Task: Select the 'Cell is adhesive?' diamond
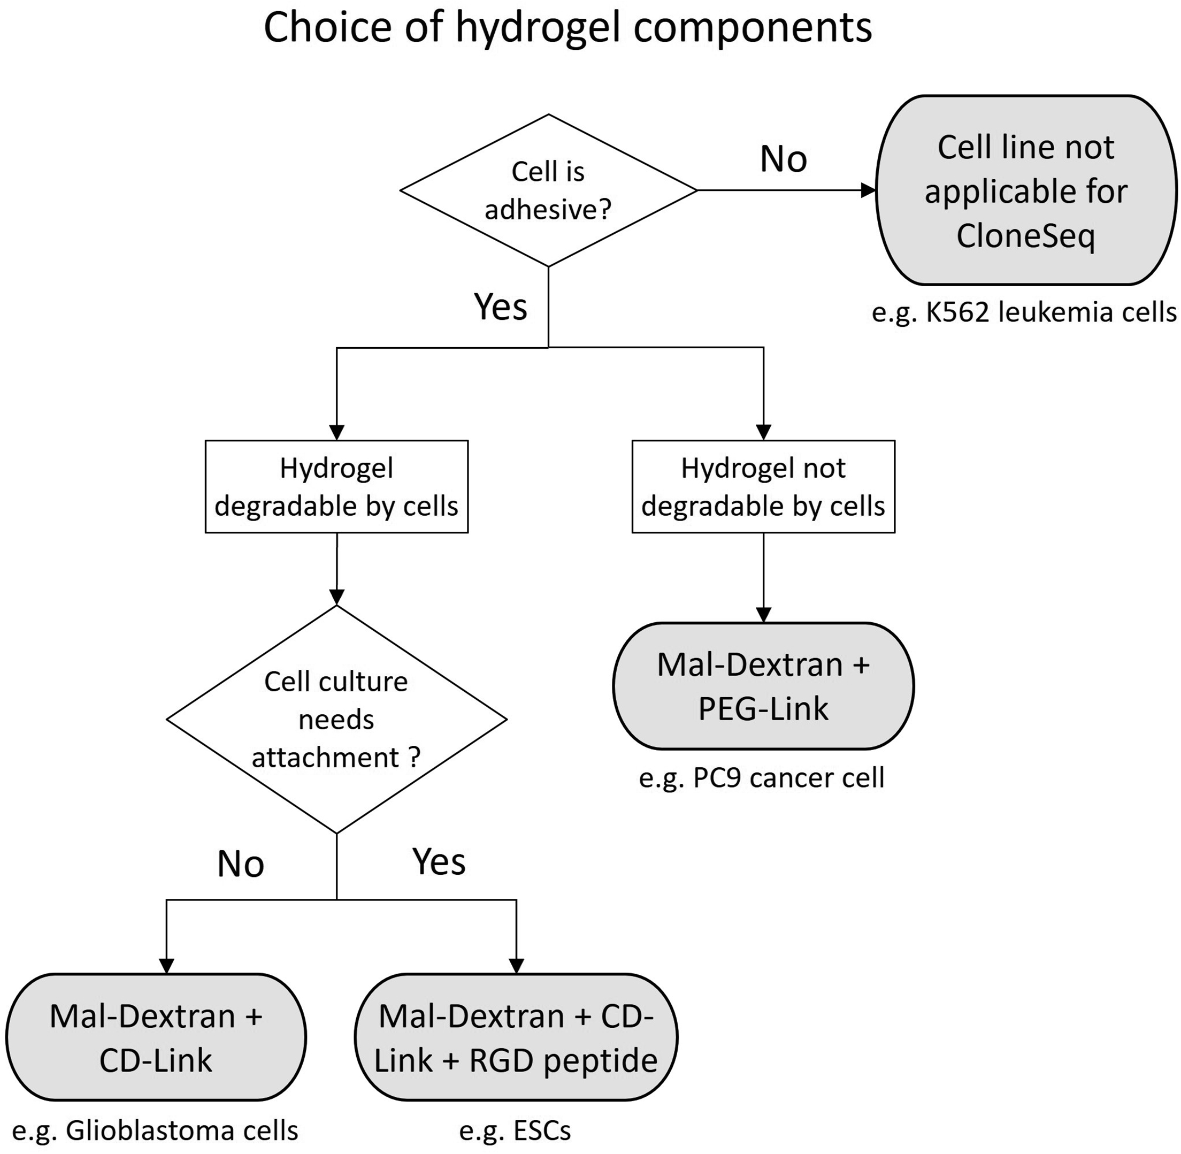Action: pos(548,190)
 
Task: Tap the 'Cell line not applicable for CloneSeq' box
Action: pos(1026,190)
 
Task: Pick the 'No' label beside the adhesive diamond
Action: pos(783,159)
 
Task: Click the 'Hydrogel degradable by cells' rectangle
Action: pos(336,487)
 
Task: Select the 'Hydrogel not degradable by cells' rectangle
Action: pos(763,487)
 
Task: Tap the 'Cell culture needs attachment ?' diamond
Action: pos(336,720)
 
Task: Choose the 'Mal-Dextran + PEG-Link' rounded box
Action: pos(763,686)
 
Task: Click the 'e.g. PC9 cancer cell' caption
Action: pos(762,777)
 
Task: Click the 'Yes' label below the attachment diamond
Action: pos(439,861)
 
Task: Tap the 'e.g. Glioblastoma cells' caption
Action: pos(155,1131)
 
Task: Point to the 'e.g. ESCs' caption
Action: pos(515,1131)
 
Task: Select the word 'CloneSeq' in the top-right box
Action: pos(1026,235)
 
